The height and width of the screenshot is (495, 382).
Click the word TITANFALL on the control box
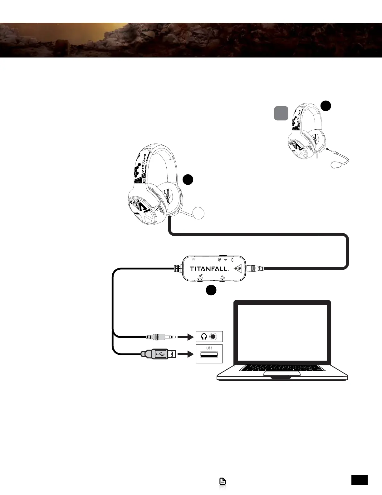coord(209,268)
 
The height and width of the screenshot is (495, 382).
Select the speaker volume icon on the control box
coord(222,277)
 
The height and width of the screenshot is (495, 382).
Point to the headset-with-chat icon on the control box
coord(200,277)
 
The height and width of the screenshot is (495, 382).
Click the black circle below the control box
coord(211,290)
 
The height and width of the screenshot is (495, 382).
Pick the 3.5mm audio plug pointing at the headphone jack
coord(161,337)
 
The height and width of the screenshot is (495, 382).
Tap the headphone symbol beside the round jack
coord(204,337)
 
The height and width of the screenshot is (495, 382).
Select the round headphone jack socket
coord(214,337)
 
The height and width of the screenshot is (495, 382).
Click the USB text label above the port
coord(209,348)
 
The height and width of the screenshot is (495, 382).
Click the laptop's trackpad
coord(282,373)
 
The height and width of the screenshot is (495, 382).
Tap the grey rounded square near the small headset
coord(281,113)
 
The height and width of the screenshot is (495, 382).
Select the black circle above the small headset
coord(326,106)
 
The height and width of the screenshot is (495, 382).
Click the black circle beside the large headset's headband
coord(188,180)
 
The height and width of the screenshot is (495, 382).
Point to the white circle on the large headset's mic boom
coord(199,213)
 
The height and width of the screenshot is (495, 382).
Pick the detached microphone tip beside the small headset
coord(336,165)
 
